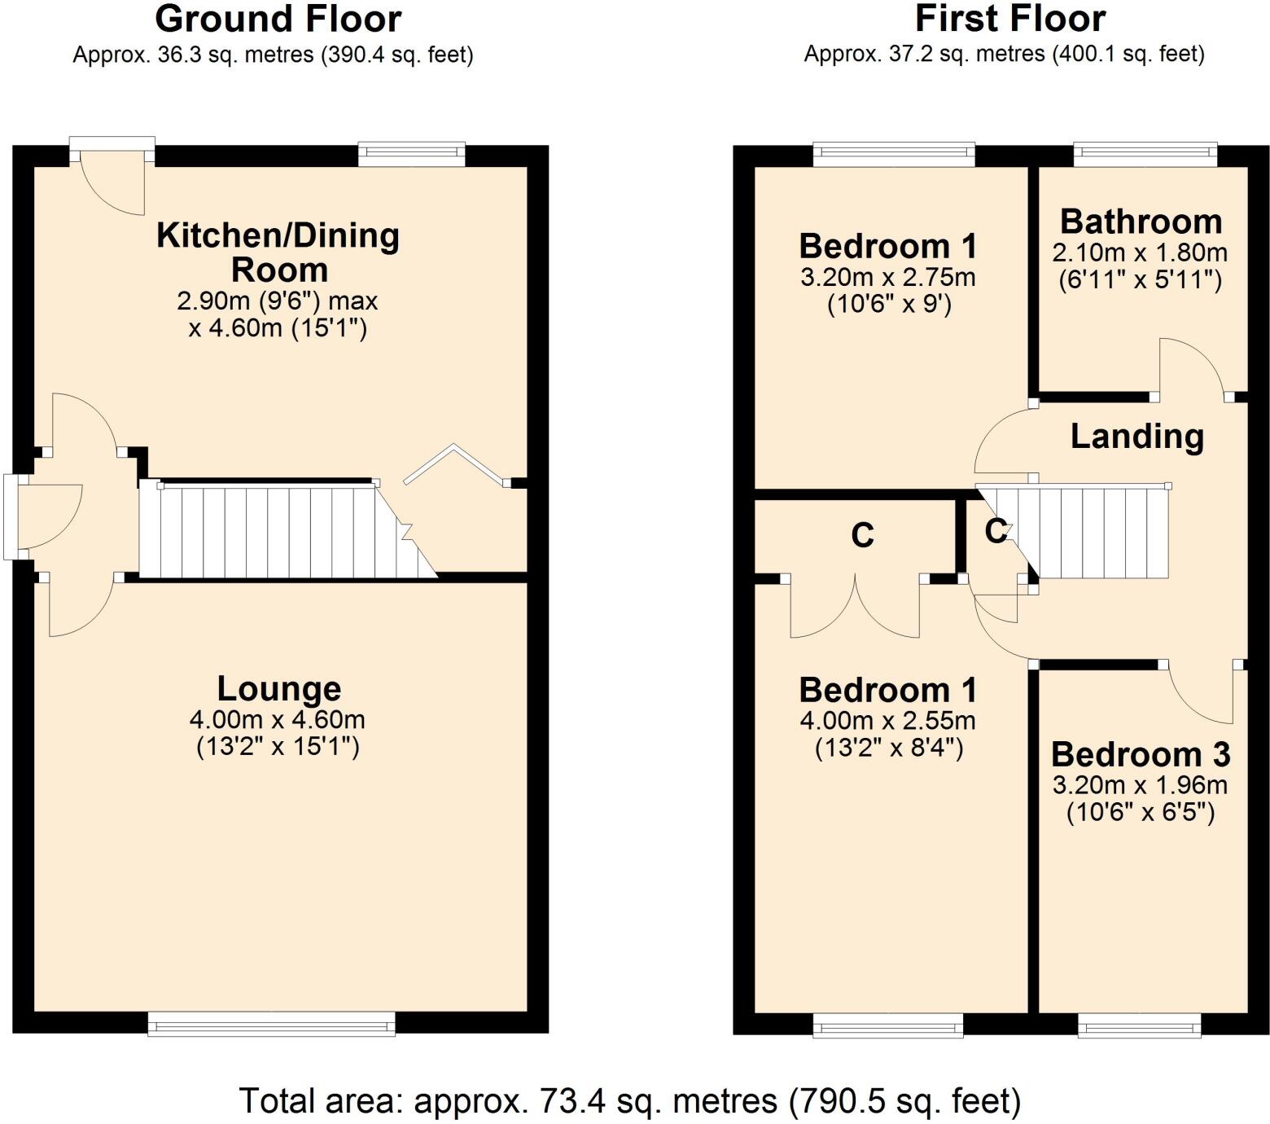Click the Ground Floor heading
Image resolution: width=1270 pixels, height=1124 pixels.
[278, 20]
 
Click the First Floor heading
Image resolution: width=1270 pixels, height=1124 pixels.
[1009, 19]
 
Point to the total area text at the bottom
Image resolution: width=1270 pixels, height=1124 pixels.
[629, 1101]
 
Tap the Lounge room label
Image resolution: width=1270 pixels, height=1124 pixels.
[278, 689]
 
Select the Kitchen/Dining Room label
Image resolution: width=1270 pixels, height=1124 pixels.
[278, 252]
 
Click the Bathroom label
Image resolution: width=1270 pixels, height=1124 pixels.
[1141, 222]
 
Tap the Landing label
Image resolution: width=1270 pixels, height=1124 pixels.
[1136, 437]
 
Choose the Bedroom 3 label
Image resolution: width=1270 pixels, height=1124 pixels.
[1141, 755]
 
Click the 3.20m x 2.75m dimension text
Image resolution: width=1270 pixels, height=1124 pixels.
[887, 278]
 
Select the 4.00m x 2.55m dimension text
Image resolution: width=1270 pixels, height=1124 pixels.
[887, 721]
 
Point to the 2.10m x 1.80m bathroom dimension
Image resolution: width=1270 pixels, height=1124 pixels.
[1140, 252]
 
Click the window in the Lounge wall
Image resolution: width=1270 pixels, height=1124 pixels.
[271, 1024]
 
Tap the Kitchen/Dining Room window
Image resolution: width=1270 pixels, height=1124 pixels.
[412, 154]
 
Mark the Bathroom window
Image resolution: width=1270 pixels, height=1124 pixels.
[1145, 154]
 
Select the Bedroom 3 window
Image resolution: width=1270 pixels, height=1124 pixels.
[1139, 1025]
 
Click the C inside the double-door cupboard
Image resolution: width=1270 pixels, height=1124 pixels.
[862, 536]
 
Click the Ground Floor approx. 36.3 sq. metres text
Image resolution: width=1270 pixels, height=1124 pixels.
[273, 55]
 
